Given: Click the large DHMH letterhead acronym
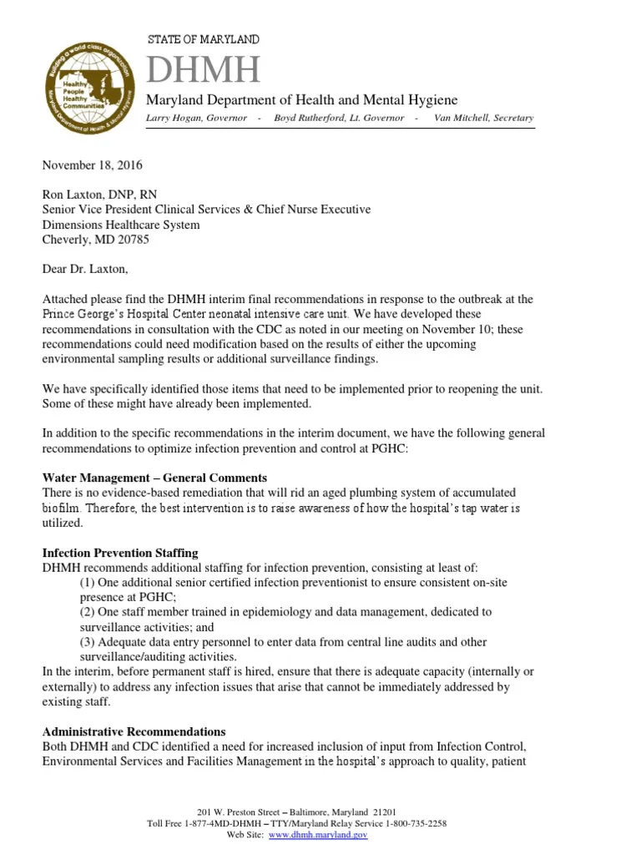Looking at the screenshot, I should (x=204, y=70).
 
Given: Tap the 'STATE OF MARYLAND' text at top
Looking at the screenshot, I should (x=203, y=39).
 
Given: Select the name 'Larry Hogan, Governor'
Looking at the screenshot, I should (x=197, y=118).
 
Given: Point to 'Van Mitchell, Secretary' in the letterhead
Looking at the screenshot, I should (x=483, y=118).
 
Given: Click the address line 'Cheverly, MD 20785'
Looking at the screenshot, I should (x=93, y=239).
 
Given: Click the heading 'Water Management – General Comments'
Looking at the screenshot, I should (x=154, y=478).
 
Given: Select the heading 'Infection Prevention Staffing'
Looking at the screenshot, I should (x=120, y=553).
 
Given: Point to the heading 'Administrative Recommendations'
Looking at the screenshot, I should (x=134, y=731).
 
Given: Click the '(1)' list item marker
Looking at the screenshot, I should (x=88, y=582).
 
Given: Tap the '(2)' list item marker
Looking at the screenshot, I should (x=88, y=612).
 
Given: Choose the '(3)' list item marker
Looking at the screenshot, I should (x=88, y=642).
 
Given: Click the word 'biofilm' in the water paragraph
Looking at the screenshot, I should (x=61, y=508).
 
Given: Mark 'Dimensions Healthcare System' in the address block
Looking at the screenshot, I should (x=121, y=225).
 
